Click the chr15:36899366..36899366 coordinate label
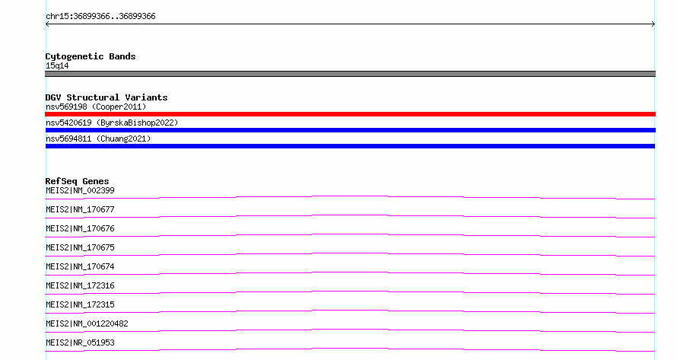point(100,17)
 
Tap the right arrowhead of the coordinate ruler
point(654,24)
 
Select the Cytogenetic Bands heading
point(91,56)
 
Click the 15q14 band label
point(57,65)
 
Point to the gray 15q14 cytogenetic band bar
point(350,74)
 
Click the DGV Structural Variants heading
point(106,97)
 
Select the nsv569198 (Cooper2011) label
point(96,107)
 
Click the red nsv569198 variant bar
point(350,114)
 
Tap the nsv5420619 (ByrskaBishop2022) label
point(112,123)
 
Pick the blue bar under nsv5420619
point(350,130)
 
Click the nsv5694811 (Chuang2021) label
point(98,139)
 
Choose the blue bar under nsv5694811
point(350,146)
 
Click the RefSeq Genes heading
point(77,181)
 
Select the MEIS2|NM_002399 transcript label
point(80,190)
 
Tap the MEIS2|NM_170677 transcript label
point(80,209)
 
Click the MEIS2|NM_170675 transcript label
point(80,247)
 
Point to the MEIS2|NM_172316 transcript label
point(80,285)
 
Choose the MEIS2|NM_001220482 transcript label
point(87,323)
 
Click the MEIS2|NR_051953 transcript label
point(80,342)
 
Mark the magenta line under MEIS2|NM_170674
point(350,272)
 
